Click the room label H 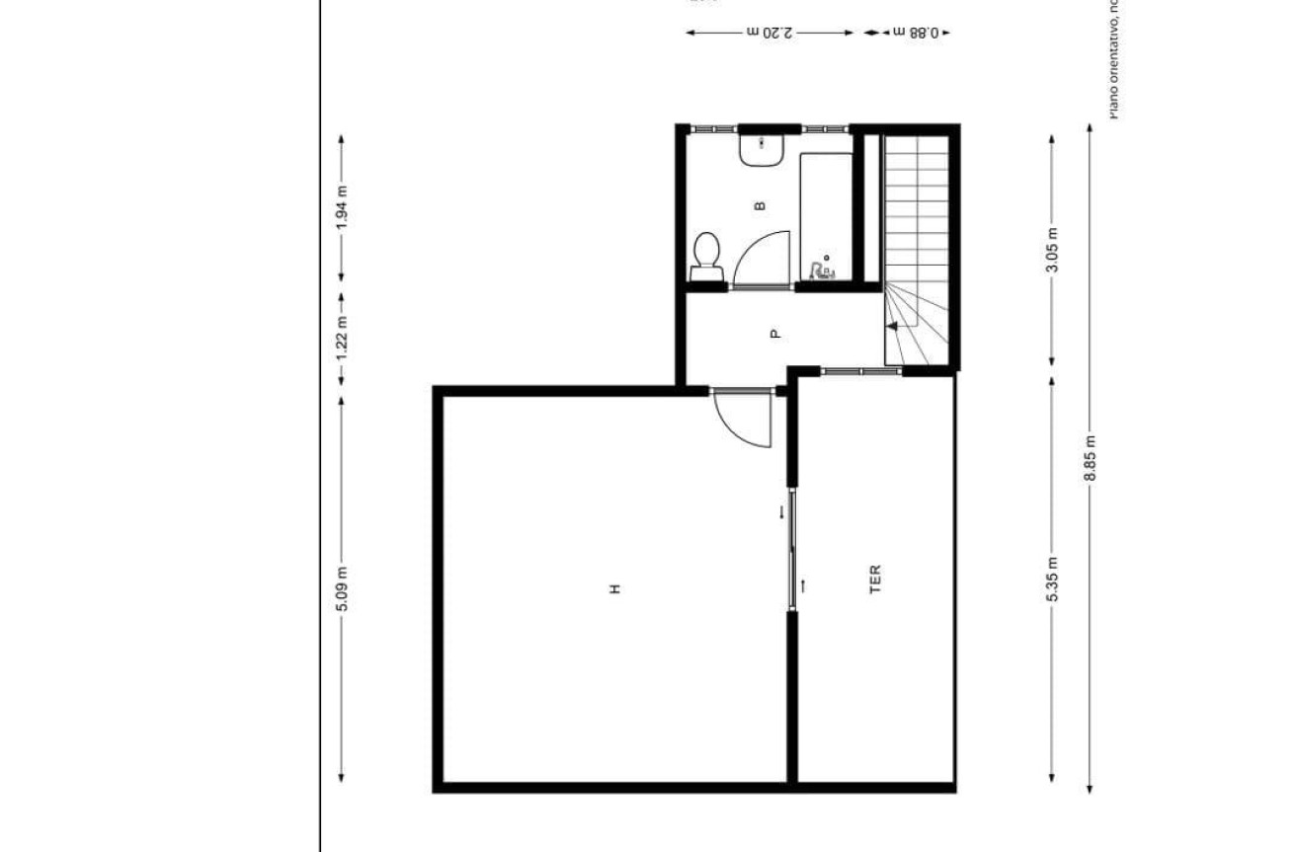[x=614, y=588]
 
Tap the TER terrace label [x=874, y=578]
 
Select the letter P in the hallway [x=775, y=334]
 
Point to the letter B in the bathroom [x=759, y=206]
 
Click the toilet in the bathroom [x=706, y=255]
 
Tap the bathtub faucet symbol [x=821, y=270]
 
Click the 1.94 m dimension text [x=342, y=207]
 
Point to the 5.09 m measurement [x=342, y=588]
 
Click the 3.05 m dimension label [x=1052, y=250]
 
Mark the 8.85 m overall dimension [x=1091, y=459]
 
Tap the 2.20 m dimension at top [x=771, y=33]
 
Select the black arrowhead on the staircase [x=891, y=324]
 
